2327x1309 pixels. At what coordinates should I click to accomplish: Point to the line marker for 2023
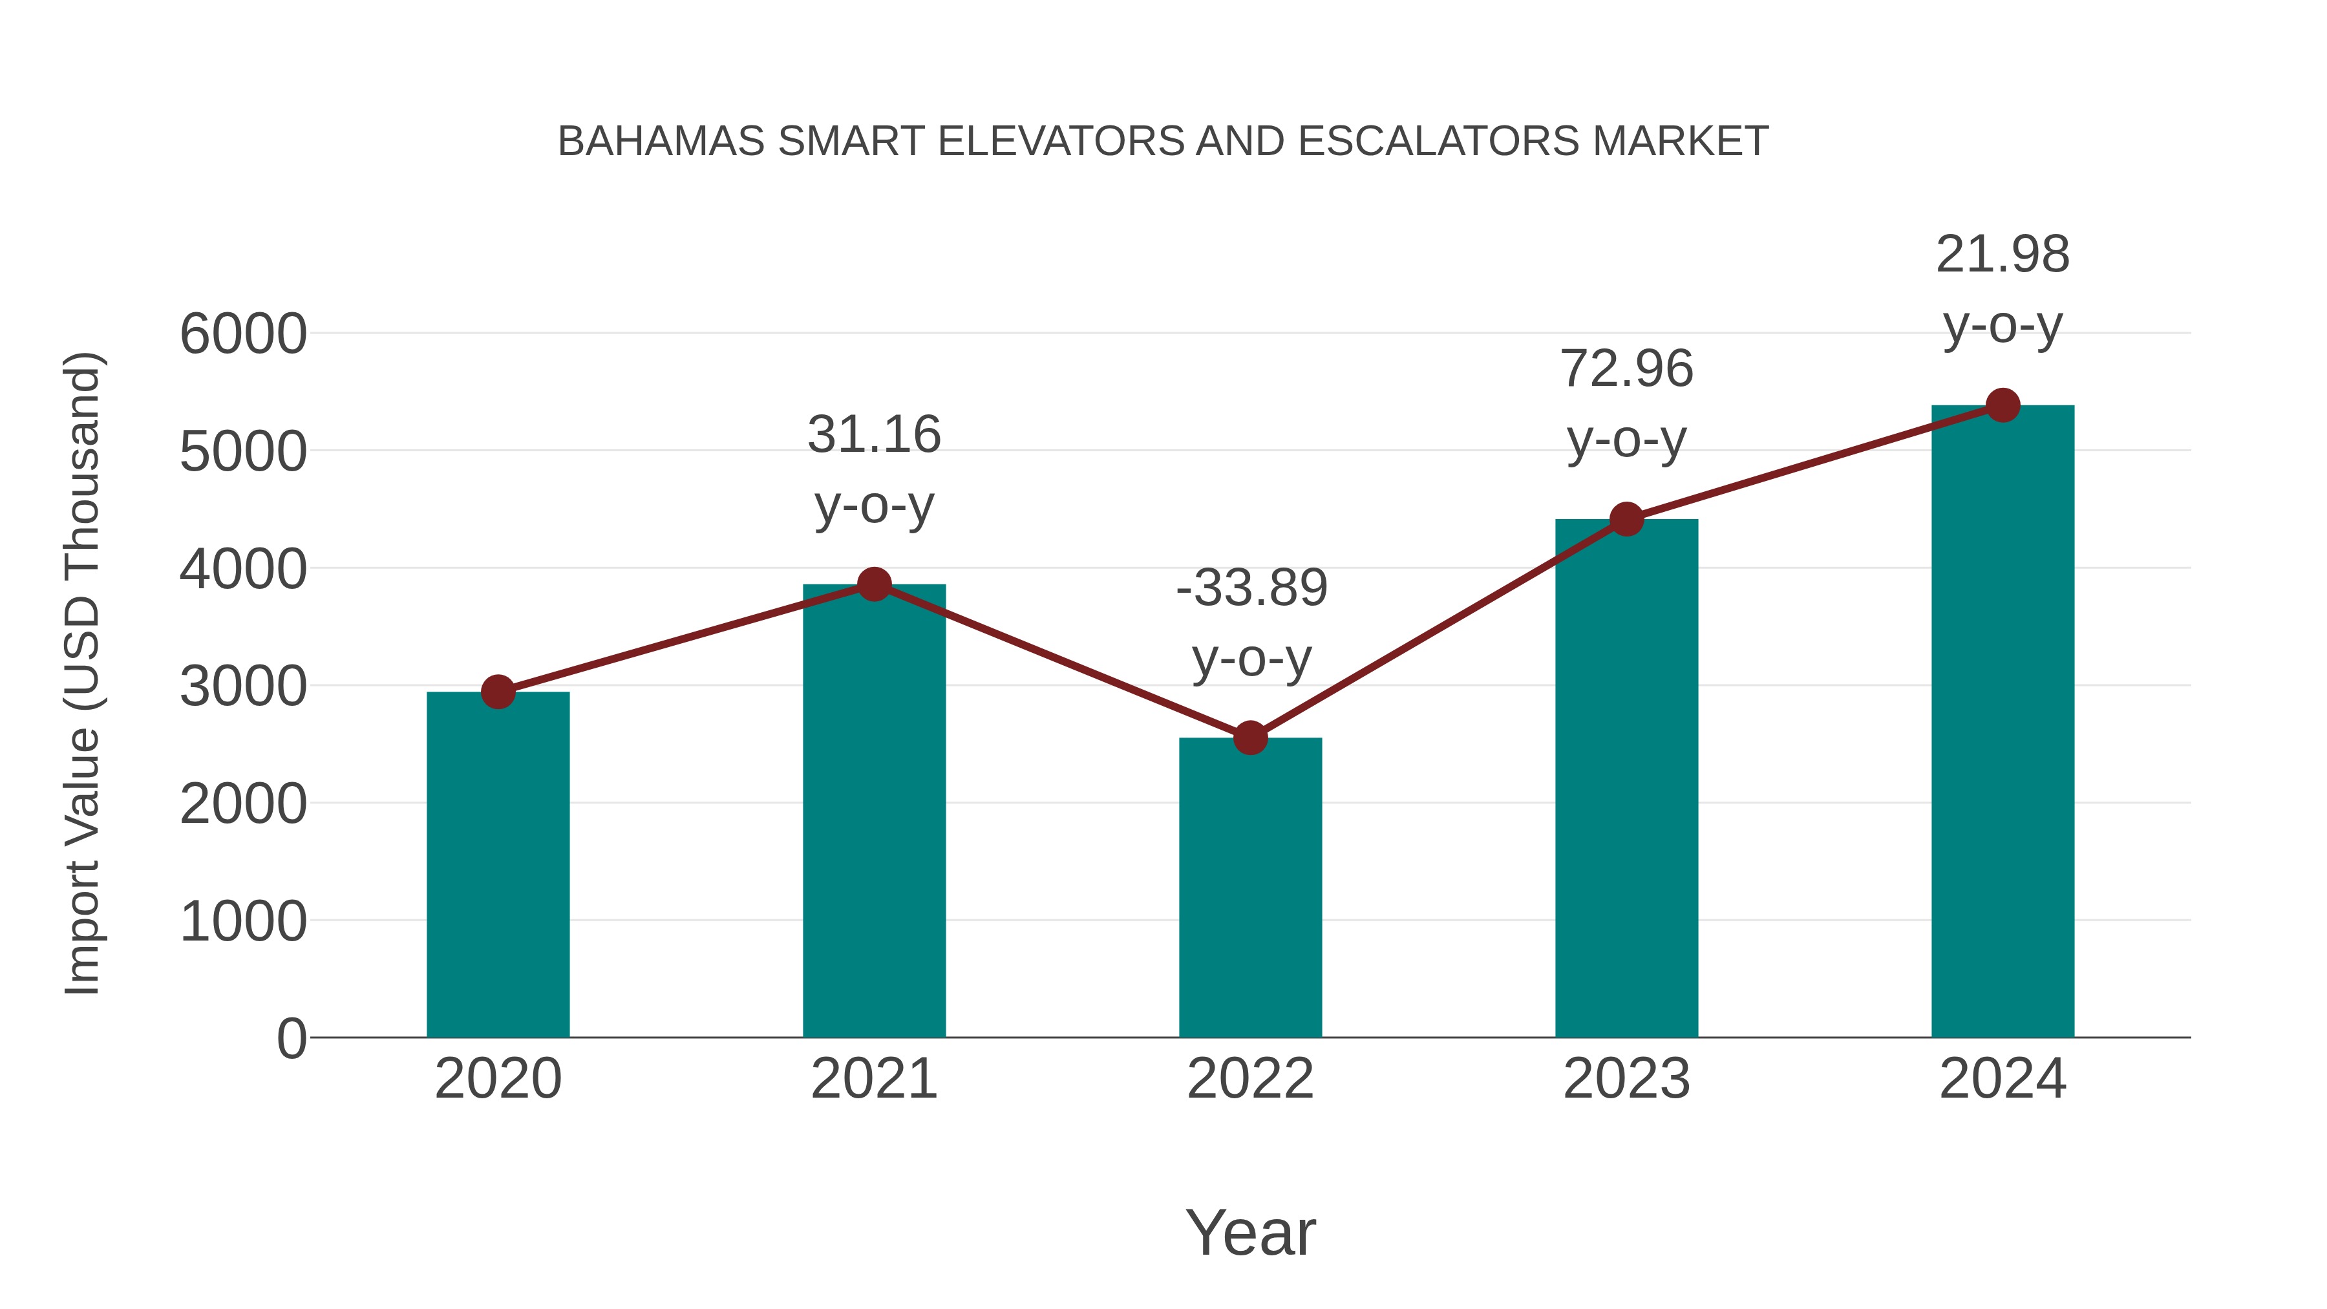(1626, 520)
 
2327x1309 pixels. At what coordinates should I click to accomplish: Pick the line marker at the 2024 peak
(2003, 405)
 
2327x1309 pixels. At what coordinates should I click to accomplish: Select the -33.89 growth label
(1251, 588)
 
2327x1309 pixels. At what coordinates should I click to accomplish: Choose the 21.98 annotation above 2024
(2003, 255)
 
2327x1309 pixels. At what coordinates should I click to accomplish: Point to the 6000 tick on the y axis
(243, 334)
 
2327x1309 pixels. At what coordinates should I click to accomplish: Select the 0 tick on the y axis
(291, 1038)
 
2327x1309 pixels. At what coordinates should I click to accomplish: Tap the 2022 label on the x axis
(1250, 1079)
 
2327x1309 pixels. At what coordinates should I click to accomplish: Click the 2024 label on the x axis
(2003, 1079)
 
